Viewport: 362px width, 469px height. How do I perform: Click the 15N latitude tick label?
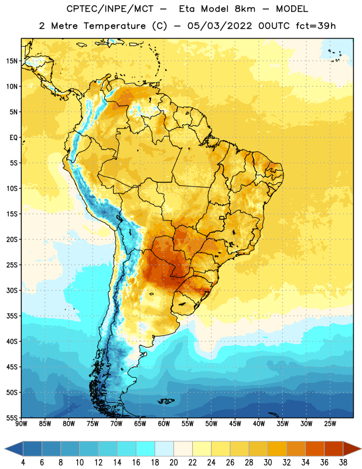coord(12,61)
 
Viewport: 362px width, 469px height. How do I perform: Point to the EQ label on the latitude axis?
coord(13,138)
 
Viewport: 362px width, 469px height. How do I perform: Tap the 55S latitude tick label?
coord(12,417)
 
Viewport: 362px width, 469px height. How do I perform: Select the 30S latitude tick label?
coord(12,290)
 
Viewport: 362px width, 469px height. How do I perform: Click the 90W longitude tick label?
coord(21,424)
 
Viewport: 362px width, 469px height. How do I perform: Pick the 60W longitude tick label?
coord(164,424)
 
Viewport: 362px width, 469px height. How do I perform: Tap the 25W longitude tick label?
coord(330,424)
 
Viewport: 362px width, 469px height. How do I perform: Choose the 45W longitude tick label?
coord(235,424)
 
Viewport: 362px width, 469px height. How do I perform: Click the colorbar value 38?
coord(343,463)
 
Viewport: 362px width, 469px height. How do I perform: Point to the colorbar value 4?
coord(23,463)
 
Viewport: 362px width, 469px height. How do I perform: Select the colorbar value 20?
coord(173,463)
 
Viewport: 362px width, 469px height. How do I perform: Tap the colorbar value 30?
coord(268,463)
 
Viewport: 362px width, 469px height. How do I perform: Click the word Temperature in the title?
coord(114,26)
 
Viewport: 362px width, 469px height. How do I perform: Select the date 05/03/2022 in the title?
coord(220,26)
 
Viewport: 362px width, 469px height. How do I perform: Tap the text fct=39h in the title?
coord(316,26)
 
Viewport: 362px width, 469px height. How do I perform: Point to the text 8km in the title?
coord(245,9)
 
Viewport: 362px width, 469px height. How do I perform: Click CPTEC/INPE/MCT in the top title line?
coord(110,9)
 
